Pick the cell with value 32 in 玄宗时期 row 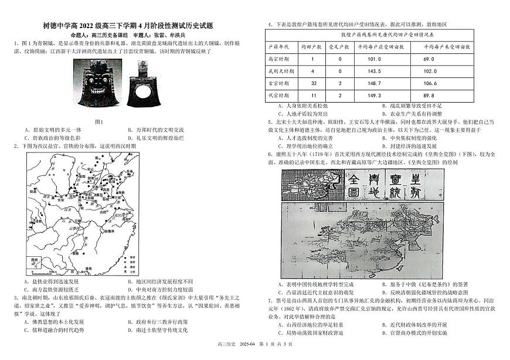point(313,83)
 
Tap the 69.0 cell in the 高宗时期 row point(445,59)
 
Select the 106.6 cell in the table point(445,83)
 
